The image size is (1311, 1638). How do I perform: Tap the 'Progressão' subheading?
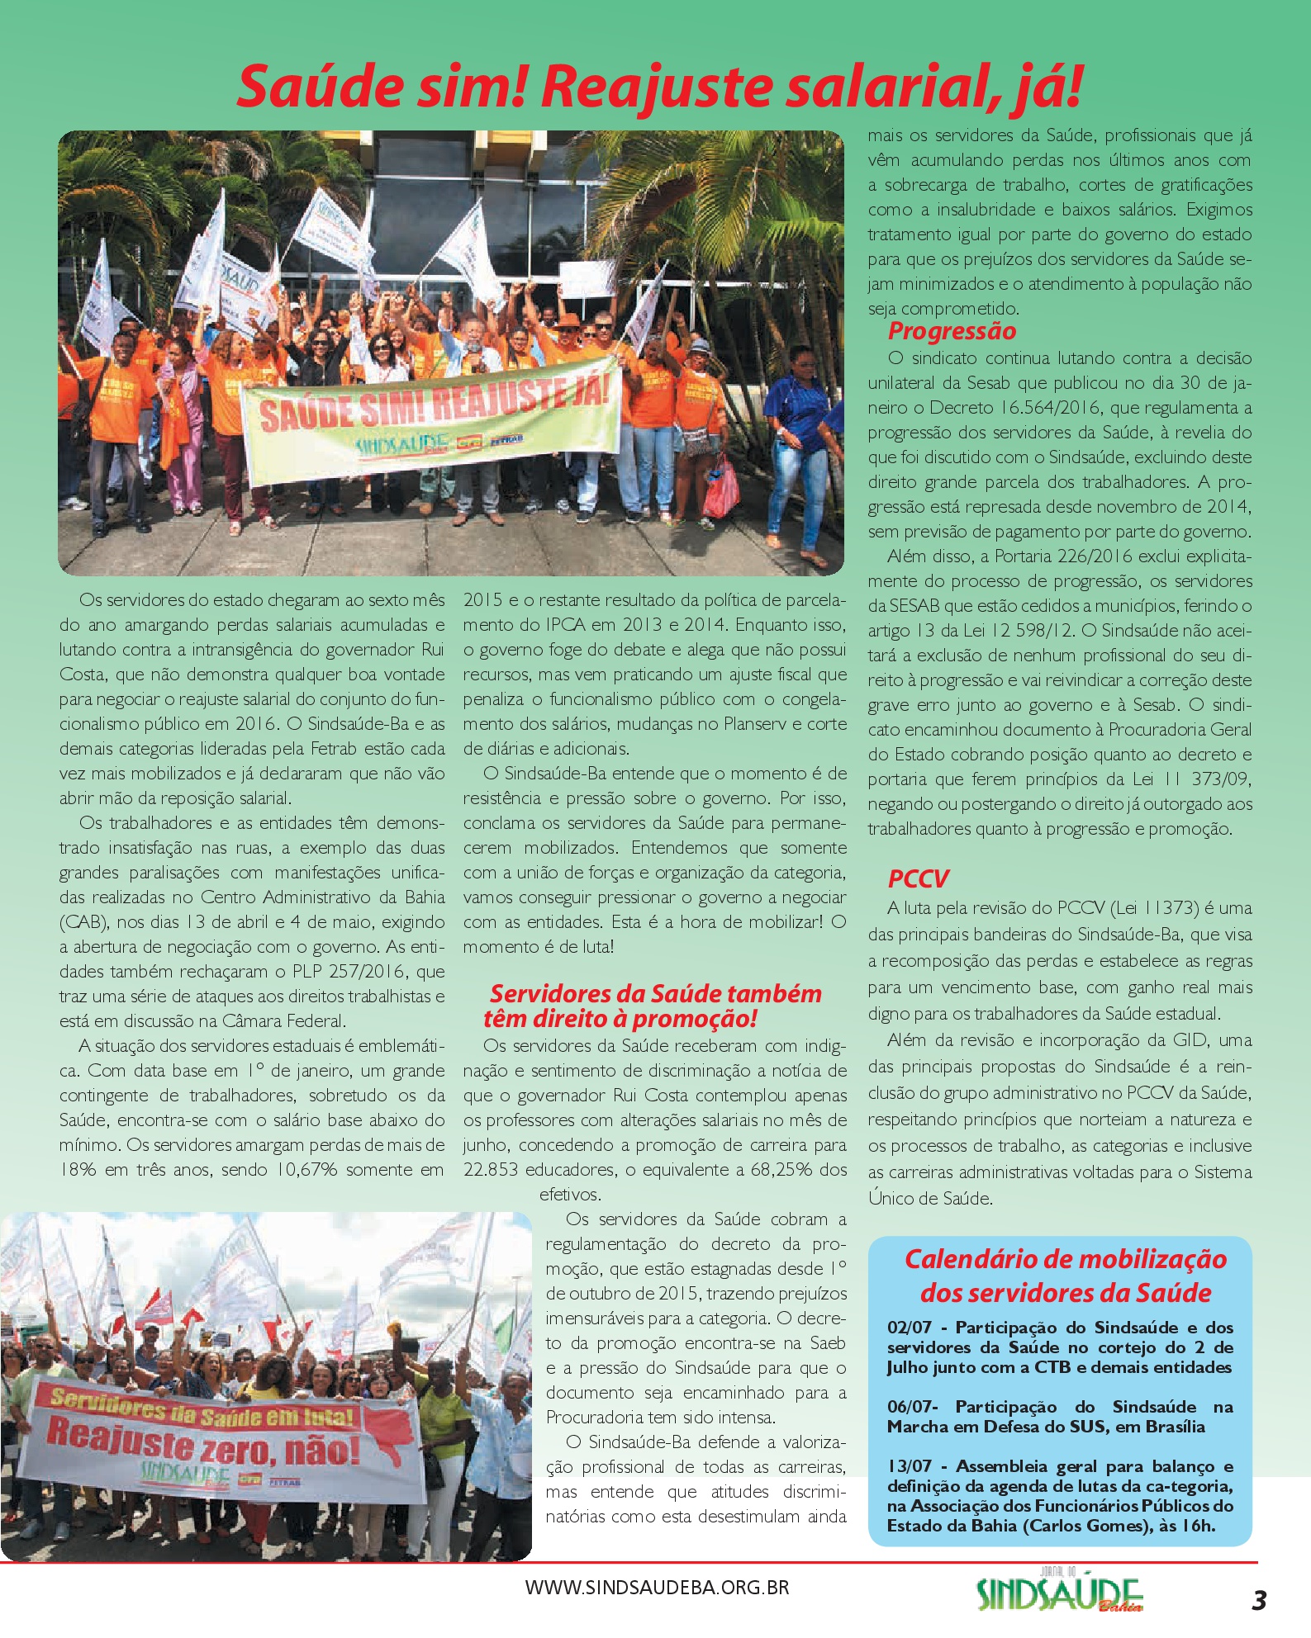click(952, 331)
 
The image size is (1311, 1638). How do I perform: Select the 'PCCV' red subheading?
click(918, 878)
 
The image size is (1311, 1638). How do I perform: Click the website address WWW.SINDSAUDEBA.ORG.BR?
click(657, 1587)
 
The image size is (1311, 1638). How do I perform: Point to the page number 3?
click(1258, 1600)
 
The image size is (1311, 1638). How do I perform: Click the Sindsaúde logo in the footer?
click(1060, 1593)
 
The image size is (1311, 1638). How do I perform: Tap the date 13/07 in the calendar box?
click(910, 1466)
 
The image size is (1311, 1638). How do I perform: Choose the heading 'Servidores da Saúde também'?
click(656, 993)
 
